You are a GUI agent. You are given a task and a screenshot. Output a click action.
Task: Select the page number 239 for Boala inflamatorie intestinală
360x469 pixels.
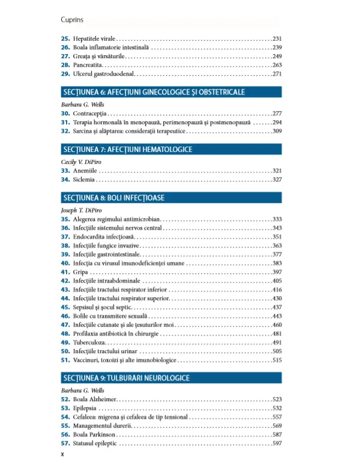coord(277,47)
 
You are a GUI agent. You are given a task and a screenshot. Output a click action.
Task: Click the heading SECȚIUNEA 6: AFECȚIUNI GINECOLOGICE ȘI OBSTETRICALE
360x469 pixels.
coord(154,92)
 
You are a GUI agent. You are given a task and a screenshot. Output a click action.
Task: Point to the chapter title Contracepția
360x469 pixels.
coord(89,113)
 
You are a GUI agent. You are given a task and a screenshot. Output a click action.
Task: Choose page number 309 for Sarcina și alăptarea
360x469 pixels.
coord(277,131)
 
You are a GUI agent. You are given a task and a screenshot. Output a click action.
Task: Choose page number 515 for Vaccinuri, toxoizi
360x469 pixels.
coord(277,360)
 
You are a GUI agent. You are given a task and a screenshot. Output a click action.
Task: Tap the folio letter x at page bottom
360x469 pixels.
coord(63,455)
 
